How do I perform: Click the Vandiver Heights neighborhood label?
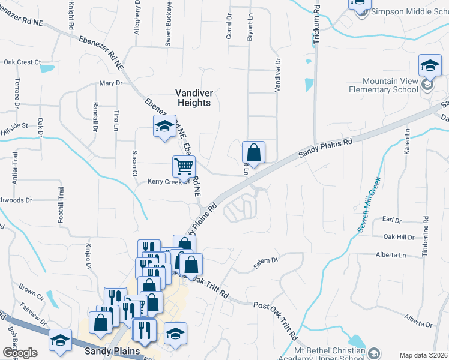(193, 98)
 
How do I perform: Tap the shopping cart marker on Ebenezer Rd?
(184, 166)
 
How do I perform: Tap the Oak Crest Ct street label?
(22, 62)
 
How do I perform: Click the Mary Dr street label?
(110, 83)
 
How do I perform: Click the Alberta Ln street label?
(391, 255)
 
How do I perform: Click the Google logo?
(20, 352)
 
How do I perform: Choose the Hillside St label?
(16, 126)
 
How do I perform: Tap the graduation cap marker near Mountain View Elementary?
(430, 65)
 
